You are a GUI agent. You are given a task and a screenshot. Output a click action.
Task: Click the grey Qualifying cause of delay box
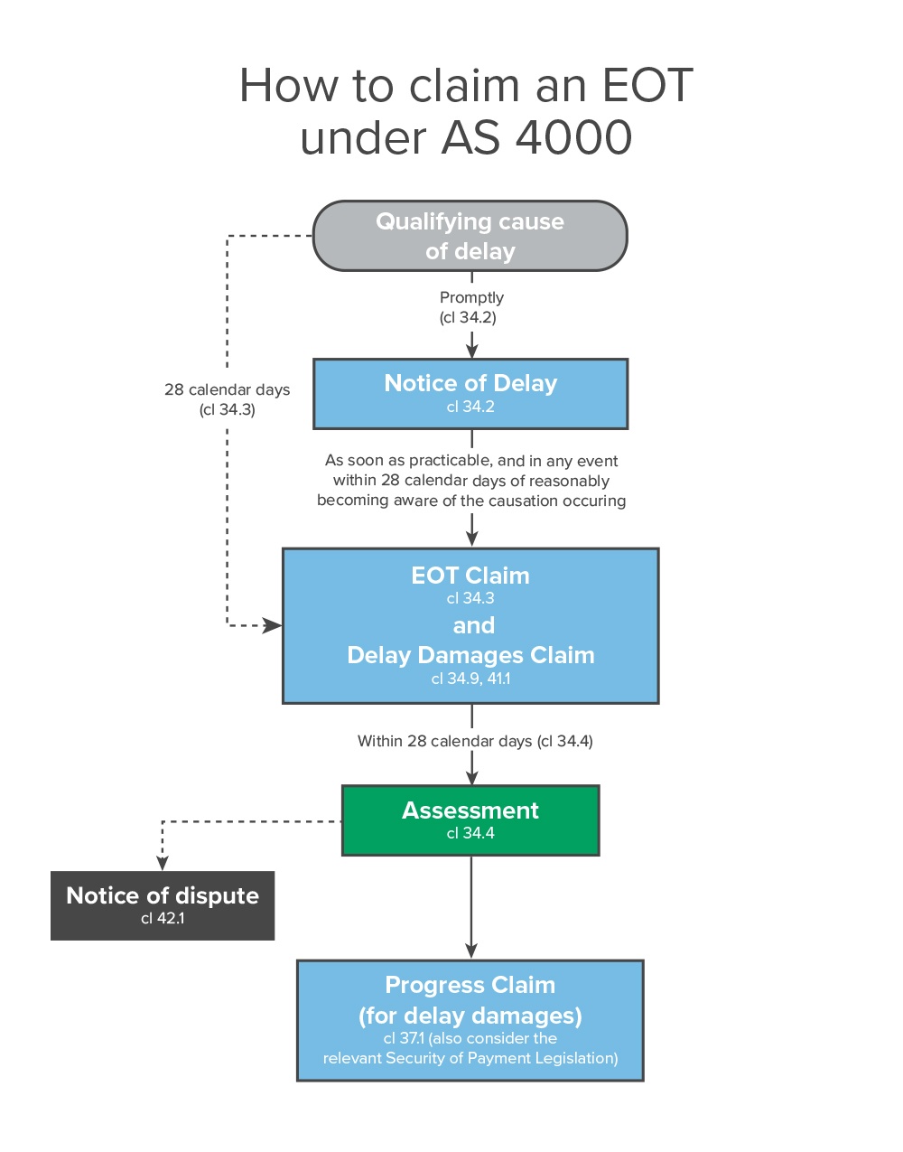[x=470, y=236]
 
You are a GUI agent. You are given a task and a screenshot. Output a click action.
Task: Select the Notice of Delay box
[x=470, y=394]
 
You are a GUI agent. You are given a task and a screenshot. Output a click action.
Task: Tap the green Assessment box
[x=470, y=820]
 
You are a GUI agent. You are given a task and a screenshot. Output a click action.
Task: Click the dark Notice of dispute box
[x=163, y=905]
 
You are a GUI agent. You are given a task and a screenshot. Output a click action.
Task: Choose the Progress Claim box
[x=470, y=1020]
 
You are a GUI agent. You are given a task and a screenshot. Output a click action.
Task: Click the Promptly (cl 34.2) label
[x=471, y=307]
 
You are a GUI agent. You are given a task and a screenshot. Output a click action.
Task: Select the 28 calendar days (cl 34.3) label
[x=228, y=398]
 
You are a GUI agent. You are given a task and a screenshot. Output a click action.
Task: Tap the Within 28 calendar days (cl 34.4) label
[x=475, y=741]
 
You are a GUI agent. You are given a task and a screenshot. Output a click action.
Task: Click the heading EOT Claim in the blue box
[x=470, y=576]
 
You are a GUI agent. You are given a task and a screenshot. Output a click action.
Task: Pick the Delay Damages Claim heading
[x=470, y=655]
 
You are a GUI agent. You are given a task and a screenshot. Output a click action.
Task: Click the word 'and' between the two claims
[x=473, y=625]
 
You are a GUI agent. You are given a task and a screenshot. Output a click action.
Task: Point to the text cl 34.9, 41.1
[x=470, y=679]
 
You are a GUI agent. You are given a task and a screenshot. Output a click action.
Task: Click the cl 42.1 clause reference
[x=163, y=918]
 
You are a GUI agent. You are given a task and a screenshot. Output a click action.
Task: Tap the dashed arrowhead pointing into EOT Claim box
[x=273, y=625]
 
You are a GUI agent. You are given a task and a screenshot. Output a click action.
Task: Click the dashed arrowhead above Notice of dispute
[x=163, y=863]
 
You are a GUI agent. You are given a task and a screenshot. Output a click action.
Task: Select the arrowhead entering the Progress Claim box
[x=471, y=951]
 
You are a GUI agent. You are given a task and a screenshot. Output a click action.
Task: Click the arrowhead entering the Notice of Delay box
[x=471, y=350]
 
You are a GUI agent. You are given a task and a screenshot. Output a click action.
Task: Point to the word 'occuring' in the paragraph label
[x=593, y=501]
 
